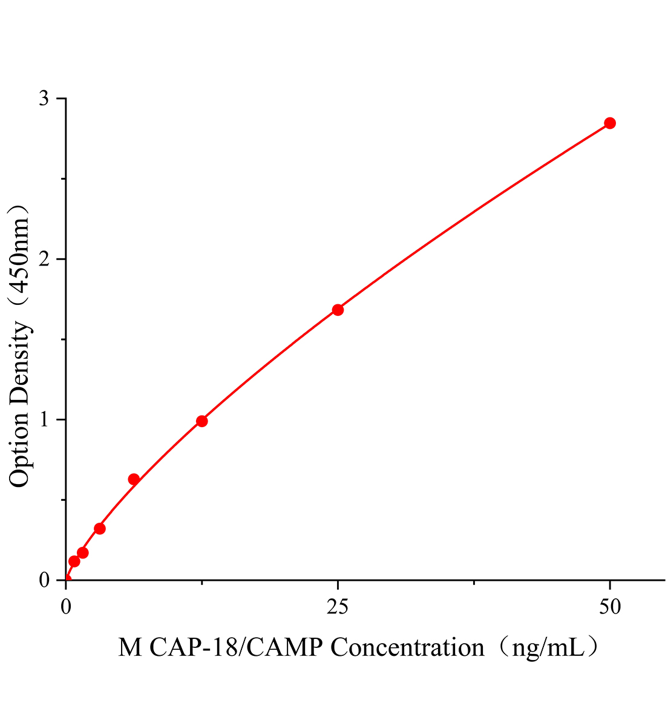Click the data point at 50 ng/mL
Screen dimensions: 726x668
[610, 123]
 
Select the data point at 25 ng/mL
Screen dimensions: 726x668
[338, 310]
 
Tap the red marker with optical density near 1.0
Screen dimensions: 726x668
[202, 421]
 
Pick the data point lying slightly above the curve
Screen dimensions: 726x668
[134, 479]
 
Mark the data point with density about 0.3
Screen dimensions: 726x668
[100, 529]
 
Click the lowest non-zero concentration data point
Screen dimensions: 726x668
[74, 561]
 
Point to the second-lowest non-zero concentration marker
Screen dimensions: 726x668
[83, 553]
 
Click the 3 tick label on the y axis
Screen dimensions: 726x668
[44, 99]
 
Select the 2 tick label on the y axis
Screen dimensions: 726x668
[44, 260]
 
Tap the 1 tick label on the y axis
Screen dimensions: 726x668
[44, 420]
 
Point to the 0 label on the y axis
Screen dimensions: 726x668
[44, 580]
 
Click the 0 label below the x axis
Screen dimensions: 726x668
[66, 607]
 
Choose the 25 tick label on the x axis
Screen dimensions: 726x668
[338, 607]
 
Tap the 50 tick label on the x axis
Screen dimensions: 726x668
[610, 607]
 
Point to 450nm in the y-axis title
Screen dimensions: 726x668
[20, 255]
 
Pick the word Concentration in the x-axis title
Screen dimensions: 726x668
[408, 648]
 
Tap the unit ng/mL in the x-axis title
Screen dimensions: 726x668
[548, 648]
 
